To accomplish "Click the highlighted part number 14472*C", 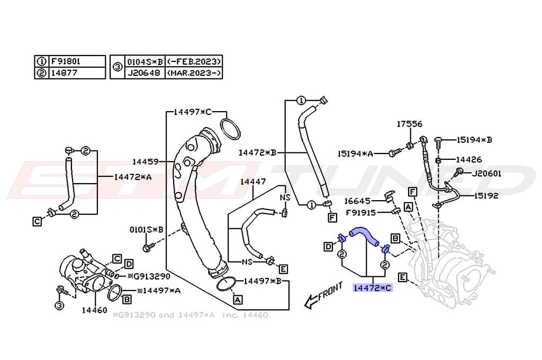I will pyautogui.click(x=372, y=288).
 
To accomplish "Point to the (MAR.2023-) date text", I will pyautogui.click(x=193, y=73).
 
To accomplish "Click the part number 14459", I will pyautogui.click(x=146, y=161).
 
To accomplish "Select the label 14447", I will pyautogui.click(x=253, y=182).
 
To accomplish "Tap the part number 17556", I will pyautogui.click(x=410, y=124).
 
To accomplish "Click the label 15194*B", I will pyautogui.click(x=474, y=140).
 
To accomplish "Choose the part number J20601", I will pyautogui.click(x=486, y=173).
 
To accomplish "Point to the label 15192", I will pyautogui.click(x=486, y=195).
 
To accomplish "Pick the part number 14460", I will pyautogui.click(x=94, y=310).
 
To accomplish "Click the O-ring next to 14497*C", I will pyautogui.click(x=229, y=129).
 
